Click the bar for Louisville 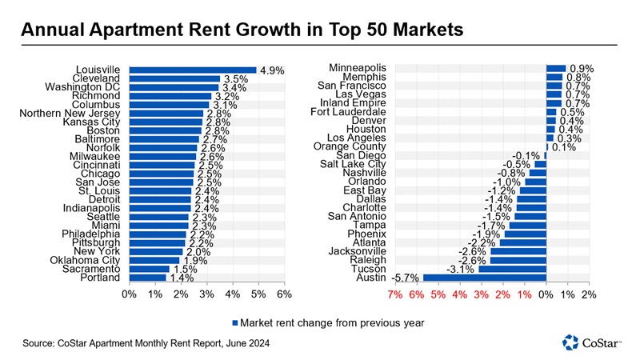[192, 70]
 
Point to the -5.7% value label [406, 278]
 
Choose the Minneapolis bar [555, 68]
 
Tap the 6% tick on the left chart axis [284, 294]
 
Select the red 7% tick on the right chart [394, 294]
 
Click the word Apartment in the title [159, 30]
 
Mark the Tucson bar [512, 269]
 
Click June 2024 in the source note [240, 343]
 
